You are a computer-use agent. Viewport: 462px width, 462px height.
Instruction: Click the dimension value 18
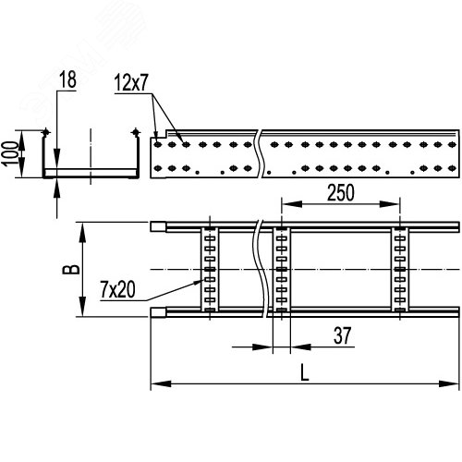pyautogui.click(x=67, y=81)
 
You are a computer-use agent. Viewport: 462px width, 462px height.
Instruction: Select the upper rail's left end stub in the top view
pyautogui.click(x=159, y=225)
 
